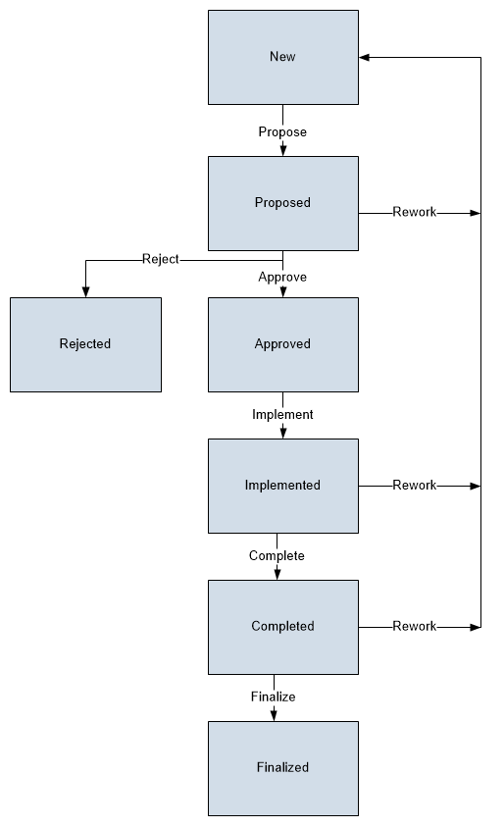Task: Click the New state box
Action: coord(283,57)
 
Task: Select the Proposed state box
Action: coord(283,203)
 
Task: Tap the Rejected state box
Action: coord(85,344)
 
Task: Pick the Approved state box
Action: coord(283,344)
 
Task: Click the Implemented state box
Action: coord(283,486)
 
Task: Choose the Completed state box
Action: coord(283,627)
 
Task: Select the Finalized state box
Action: coord(283,768)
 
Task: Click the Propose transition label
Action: coord(282,131)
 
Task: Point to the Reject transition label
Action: coord(161,259)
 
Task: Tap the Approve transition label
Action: coord(282,277)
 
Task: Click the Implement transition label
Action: coord(282,415)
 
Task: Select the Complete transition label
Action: coord(277,555)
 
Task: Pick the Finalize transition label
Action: coord(274,697)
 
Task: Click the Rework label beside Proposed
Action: coord(415,212)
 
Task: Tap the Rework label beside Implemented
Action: coord(415,486)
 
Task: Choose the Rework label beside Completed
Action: coord(415,626)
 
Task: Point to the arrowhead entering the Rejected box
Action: coord(85,291)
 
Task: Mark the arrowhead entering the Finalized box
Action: coord(274,716)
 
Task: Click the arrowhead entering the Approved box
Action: coord(283,291)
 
